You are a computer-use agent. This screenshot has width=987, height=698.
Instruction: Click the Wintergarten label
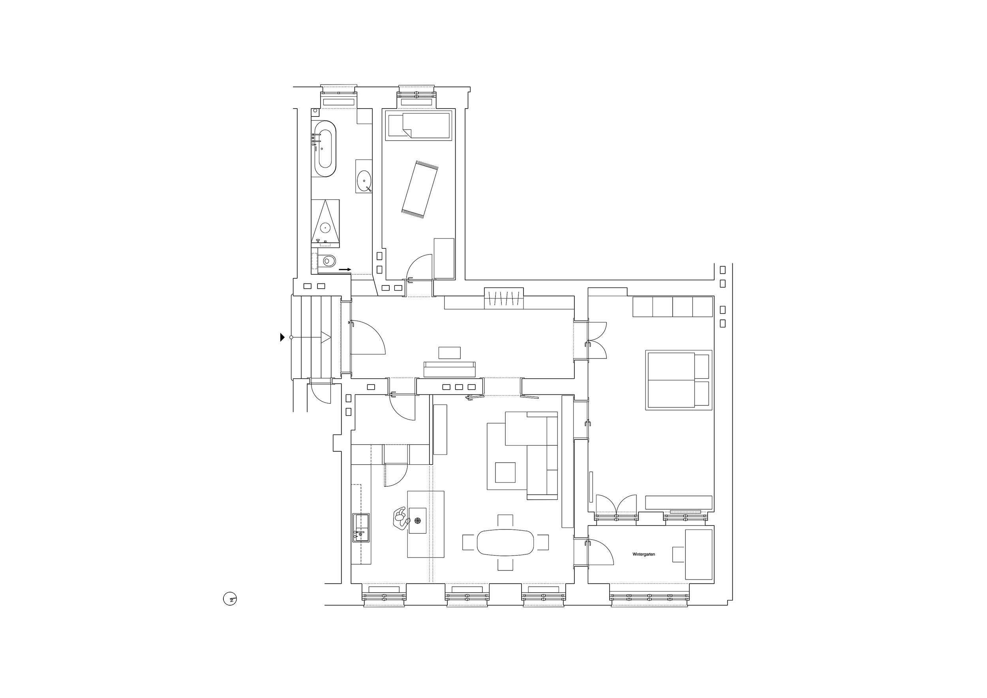[644, 554]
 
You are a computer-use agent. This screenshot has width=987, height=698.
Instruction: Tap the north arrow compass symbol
[231, 599]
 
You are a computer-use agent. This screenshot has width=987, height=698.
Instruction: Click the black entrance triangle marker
[282, 338]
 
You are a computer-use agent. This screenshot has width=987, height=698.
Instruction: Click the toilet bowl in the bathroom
[328, 261]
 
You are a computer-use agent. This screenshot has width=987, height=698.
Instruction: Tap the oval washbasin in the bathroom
[364, 181]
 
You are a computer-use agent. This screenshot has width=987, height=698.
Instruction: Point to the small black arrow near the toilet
[345, 270]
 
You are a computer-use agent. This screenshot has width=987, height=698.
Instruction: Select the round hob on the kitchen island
[417, 520]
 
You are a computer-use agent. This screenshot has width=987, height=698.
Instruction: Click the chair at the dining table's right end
[543, 542]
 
